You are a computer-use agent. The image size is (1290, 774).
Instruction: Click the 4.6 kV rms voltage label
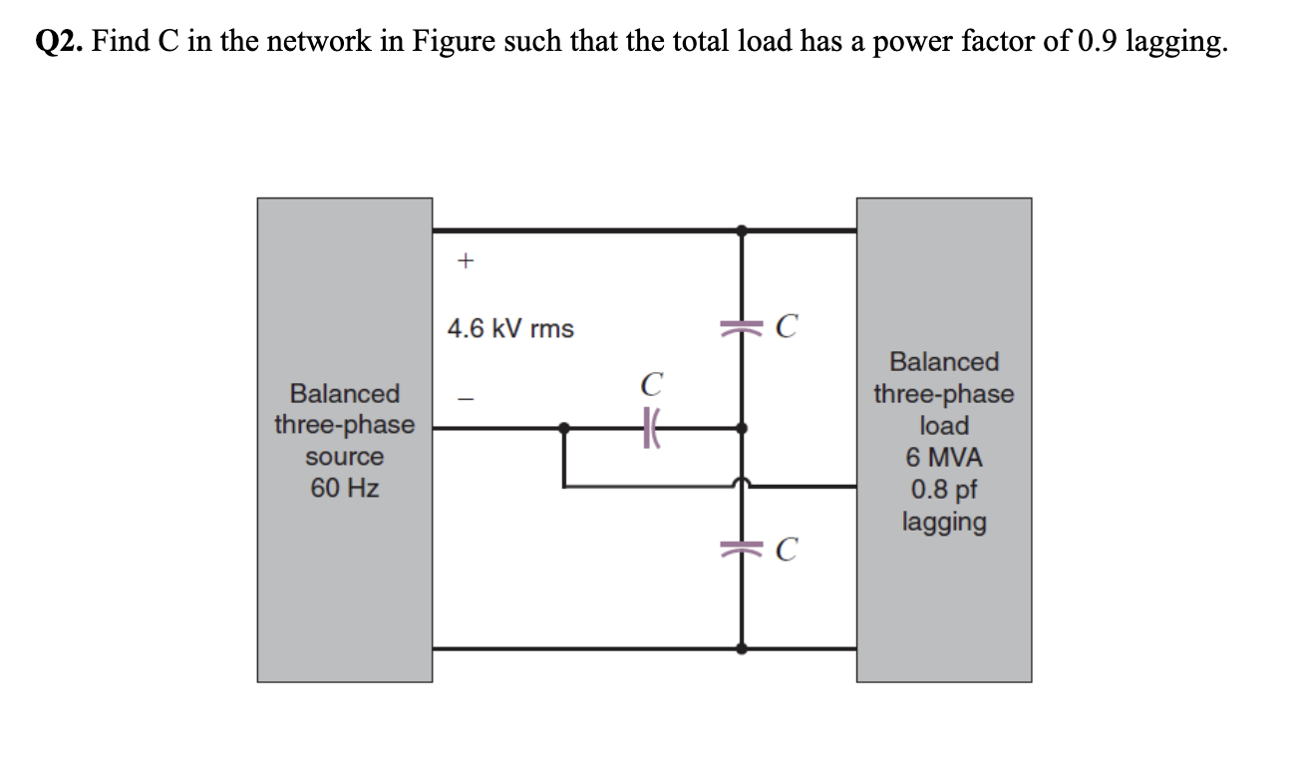[510, 328]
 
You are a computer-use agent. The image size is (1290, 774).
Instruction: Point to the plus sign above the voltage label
[464, 261]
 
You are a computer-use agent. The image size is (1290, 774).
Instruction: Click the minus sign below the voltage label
[464, 396]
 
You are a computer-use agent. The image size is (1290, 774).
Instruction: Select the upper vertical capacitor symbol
[741, 326]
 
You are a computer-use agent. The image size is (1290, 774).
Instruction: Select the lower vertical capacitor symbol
[741, 548]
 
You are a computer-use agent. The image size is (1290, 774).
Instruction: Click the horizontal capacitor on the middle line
[652, 429]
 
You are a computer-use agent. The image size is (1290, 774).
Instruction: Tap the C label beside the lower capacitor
[787, 550]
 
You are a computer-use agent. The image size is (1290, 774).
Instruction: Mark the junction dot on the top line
[741, 230]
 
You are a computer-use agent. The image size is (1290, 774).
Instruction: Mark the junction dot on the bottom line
[741, 648]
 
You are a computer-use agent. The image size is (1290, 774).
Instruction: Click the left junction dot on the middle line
[564, 429]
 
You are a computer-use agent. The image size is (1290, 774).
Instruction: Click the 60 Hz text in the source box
[344, 489]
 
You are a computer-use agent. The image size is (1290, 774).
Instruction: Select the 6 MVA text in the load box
[943, 458]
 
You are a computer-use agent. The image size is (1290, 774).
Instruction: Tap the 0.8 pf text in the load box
[943, 490]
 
